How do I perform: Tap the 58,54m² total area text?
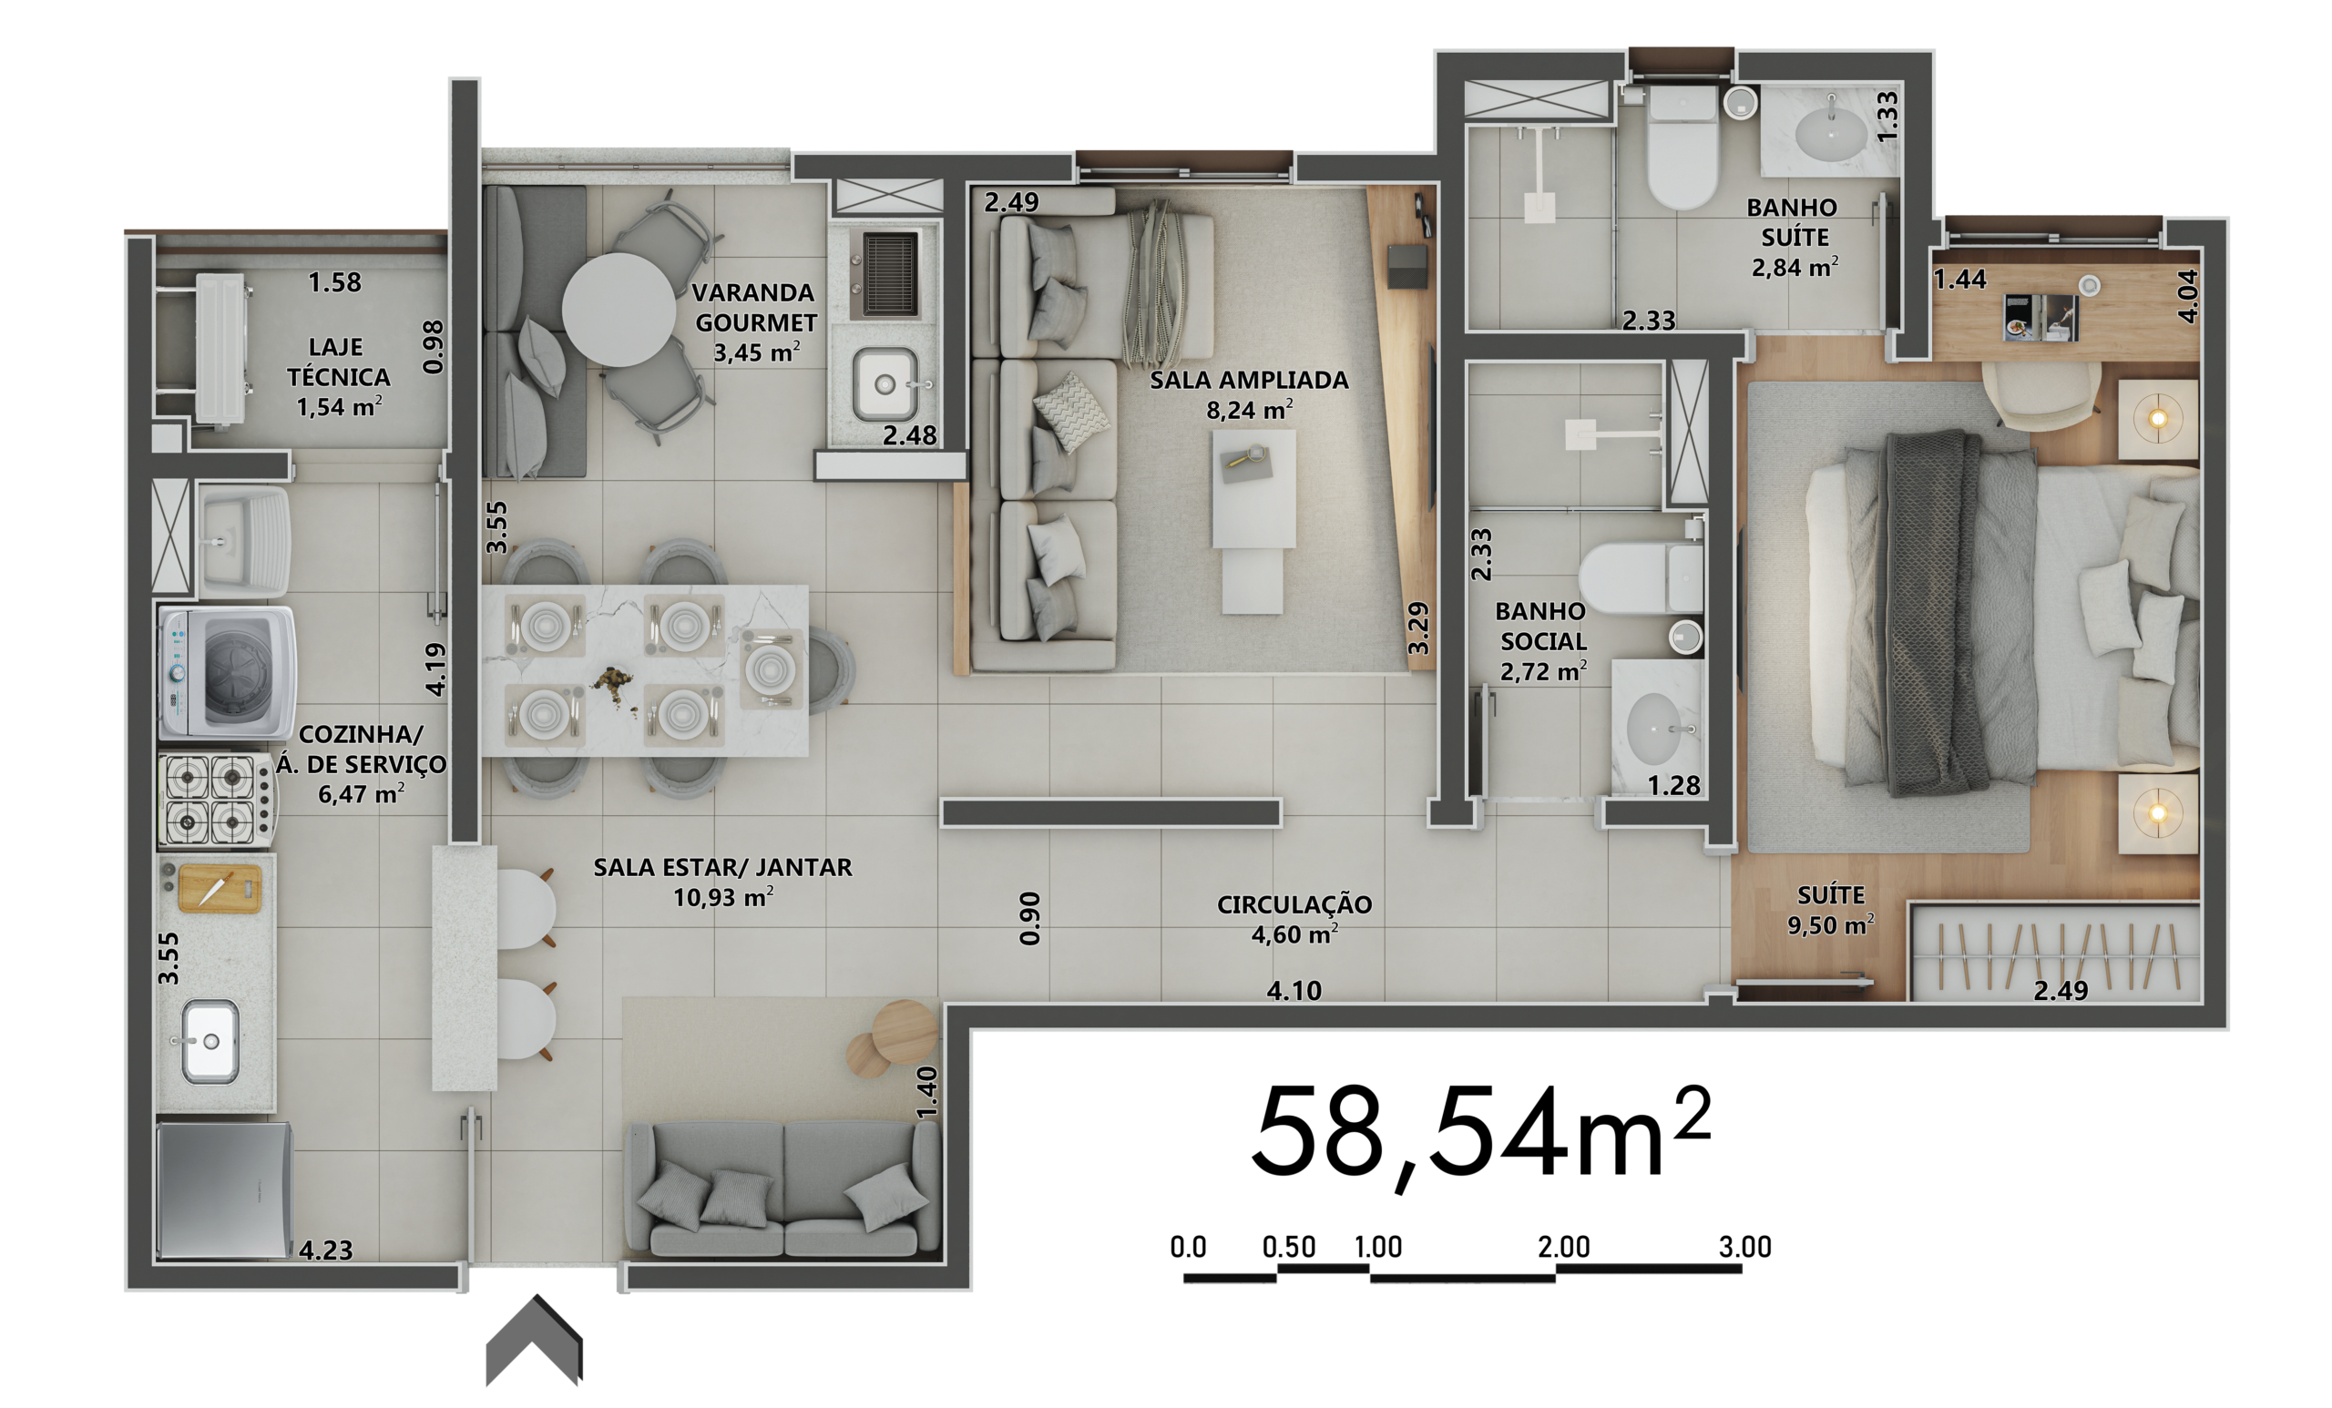(x=1481, y=1136)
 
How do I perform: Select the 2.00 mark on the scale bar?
(x=1563, y=1247)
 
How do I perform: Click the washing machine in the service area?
(x=227, y=673)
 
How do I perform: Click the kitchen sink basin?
(x=210, y=1042)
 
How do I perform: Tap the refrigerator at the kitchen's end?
(x=224, y=1190)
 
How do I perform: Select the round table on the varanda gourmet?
(x=619, y=310)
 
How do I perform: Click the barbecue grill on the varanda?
(x=890, y=275)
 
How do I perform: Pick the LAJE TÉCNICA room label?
(x=339, y=362)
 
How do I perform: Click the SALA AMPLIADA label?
(x=1249, y=381)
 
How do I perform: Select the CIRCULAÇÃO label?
(x=1294, y=904)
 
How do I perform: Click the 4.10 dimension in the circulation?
(x=1294, y=991)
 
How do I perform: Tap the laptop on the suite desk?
(x=2040, y=317)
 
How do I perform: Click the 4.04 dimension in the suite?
(x=2187, y=295)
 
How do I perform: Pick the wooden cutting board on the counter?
(x=220, y=889)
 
